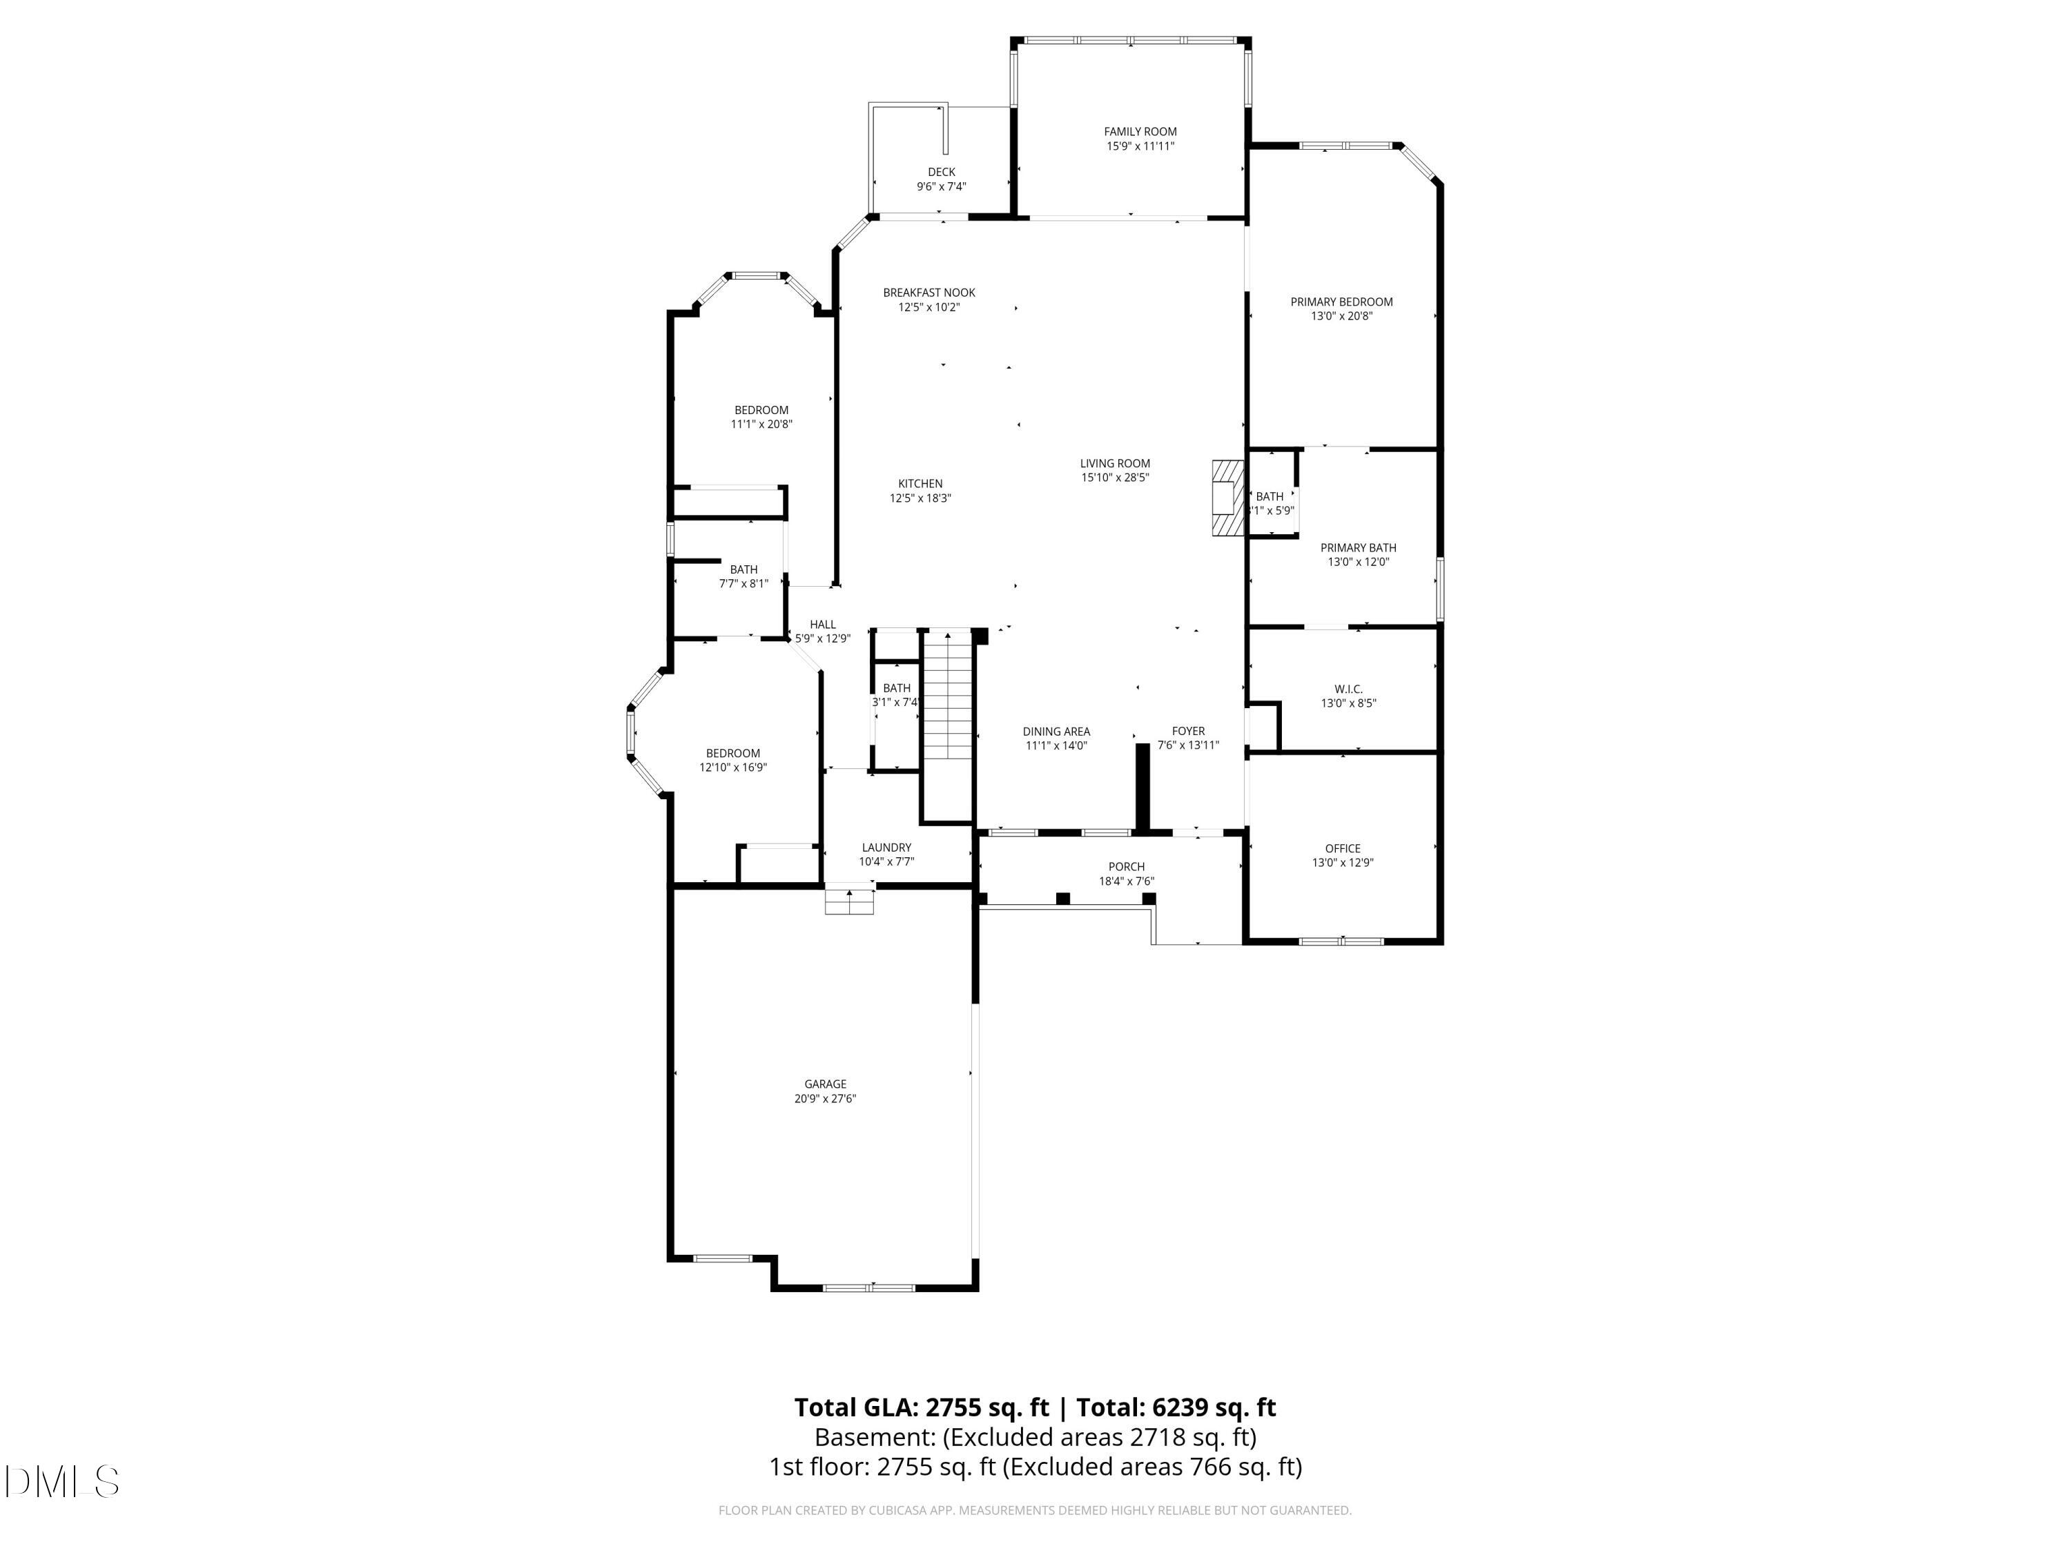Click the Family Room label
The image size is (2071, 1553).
point(1140,132)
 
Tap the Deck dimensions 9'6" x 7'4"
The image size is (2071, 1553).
point(941,186)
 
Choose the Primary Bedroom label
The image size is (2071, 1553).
point(1341,302)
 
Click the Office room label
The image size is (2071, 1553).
point(1341,848)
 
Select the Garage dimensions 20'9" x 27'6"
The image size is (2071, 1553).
point(825,1099)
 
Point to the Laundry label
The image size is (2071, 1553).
point(886,847)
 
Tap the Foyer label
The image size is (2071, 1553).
point(1188,731)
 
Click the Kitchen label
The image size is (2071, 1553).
point(920,484)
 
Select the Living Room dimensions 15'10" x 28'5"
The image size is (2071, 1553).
point(1114,478)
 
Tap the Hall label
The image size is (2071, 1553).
point(822,625)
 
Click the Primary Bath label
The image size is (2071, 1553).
point(1358,547)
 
